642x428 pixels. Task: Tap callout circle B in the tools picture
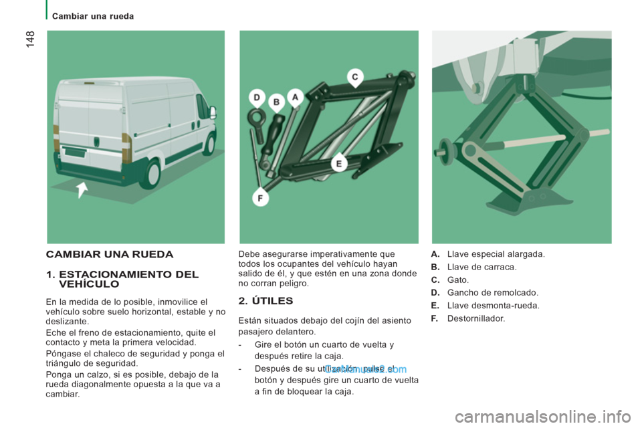point(276,102)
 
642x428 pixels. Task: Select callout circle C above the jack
point(355,77)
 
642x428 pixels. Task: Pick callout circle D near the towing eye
point(257,98)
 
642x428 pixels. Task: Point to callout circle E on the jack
point(339,163)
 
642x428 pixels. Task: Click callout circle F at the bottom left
point(258,197)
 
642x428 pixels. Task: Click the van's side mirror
point(213,112)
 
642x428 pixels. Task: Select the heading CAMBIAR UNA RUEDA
point(109,254)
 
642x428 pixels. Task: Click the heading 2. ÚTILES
point(265,301)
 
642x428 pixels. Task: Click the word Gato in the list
point(458,280)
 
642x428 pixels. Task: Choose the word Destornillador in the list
point(476,318)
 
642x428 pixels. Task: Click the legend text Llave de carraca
point(481,267)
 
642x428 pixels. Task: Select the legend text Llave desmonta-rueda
point(493,306)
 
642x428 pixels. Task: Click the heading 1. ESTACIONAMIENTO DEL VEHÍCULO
point(122,279)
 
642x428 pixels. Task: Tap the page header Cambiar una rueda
point(93,16)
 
